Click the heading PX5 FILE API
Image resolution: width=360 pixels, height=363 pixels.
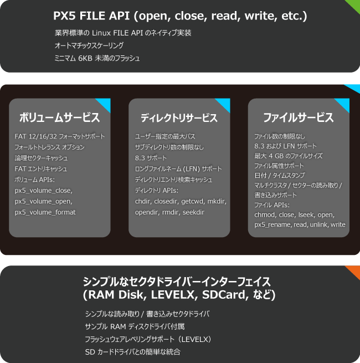91,16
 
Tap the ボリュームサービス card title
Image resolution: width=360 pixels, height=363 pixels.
59,117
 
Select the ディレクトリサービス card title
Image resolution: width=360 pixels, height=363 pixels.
179,117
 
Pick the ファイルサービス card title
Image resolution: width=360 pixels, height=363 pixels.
299,117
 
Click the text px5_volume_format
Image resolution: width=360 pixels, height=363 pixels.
45,212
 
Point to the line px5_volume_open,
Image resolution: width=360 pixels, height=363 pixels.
44,201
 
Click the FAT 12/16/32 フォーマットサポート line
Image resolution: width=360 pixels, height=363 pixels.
60,136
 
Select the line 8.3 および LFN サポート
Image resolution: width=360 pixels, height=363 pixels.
285,146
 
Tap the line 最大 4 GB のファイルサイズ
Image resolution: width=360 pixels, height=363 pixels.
289,156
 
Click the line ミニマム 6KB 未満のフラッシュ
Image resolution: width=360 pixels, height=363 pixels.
97,58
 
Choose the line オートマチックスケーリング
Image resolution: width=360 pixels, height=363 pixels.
89,45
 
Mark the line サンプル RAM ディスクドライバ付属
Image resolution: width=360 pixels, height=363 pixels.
135,326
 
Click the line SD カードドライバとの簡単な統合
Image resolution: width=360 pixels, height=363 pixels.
132,352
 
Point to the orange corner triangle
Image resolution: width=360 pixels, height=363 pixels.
354,270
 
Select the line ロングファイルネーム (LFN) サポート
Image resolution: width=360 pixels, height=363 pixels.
178,169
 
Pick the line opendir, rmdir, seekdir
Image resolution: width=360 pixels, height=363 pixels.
169,212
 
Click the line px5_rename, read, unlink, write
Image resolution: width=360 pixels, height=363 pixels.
300,224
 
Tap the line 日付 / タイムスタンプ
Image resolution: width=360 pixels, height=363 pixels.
280,175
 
